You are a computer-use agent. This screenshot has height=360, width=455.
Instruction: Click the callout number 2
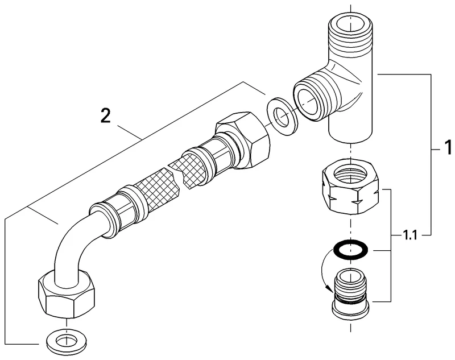[x=105, y=116]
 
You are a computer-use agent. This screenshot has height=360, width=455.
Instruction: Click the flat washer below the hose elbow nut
[x=66, y=342]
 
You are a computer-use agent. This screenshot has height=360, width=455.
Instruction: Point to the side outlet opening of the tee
[x=311, y=100]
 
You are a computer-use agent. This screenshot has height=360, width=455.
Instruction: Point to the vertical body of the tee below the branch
[x=351, y=128]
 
